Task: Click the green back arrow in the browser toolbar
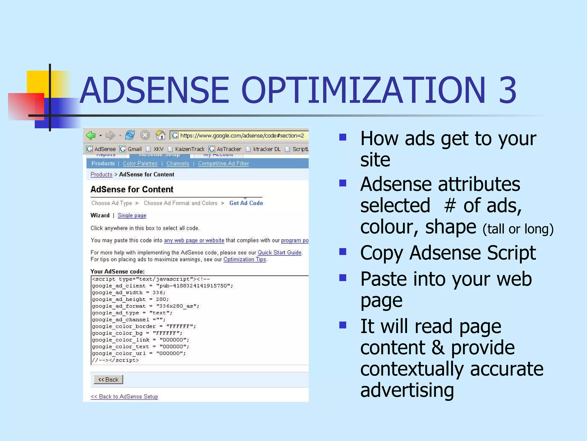[x=91, y=135]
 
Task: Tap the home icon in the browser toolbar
[x=161, y=135]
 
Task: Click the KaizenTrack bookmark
[x=189, y=149]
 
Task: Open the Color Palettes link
[x=140, y=163]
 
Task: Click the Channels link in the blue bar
[x=178, y=163]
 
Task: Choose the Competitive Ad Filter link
[x=223, y=163]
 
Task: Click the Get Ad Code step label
[x=246, y=203]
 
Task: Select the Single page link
[x=132, y=215]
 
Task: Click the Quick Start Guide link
[x=279, y=252]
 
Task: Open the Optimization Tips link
[x=245, y=259]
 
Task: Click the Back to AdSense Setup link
[x=124, y=396]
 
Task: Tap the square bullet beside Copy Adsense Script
[x=343, y=252]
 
